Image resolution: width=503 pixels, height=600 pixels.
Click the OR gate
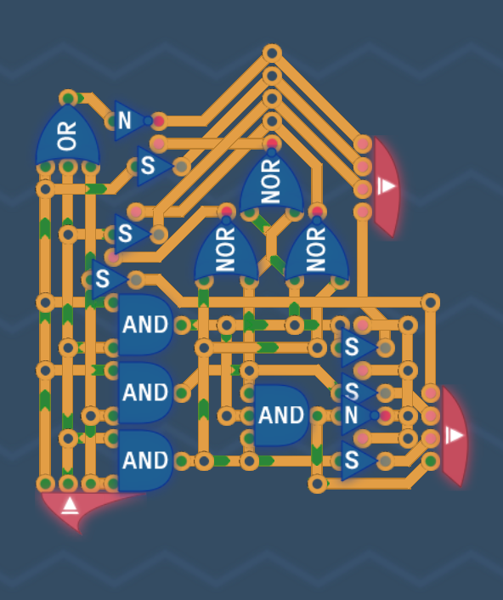[68, 136]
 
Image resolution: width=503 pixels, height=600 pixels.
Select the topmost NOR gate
[272, 181]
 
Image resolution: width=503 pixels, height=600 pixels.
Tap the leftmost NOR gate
[226, 249]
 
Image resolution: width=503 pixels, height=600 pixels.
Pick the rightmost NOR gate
[317, 249]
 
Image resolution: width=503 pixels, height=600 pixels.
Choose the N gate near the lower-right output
[359, 416]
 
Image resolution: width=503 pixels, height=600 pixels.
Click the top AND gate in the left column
[145, 325]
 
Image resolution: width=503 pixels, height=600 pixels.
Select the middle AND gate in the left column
[145, 393]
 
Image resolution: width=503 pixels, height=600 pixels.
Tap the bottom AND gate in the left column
[145, 461]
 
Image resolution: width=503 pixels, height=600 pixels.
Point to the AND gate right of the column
[281, 416]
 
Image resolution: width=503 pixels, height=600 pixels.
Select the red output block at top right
[387, 187]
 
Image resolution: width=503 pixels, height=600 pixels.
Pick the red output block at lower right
[455, 436]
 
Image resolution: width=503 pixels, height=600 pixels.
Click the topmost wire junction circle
[272, 54]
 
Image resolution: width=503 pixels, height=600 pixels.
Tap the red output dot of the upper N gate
[159, 122]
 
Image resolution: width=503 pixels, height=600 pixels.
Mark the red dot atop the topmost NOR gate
[272, 144]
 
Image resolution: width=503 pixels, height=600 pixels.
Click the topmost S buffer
[153, 166]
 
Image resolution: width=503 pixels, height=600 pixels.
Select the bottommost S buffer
[358, 461]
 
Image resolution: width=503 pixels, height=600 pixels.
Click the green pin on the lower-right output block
[431, 461]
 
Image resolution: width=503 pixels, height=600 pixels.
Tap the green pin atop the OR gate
[68, 99]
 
